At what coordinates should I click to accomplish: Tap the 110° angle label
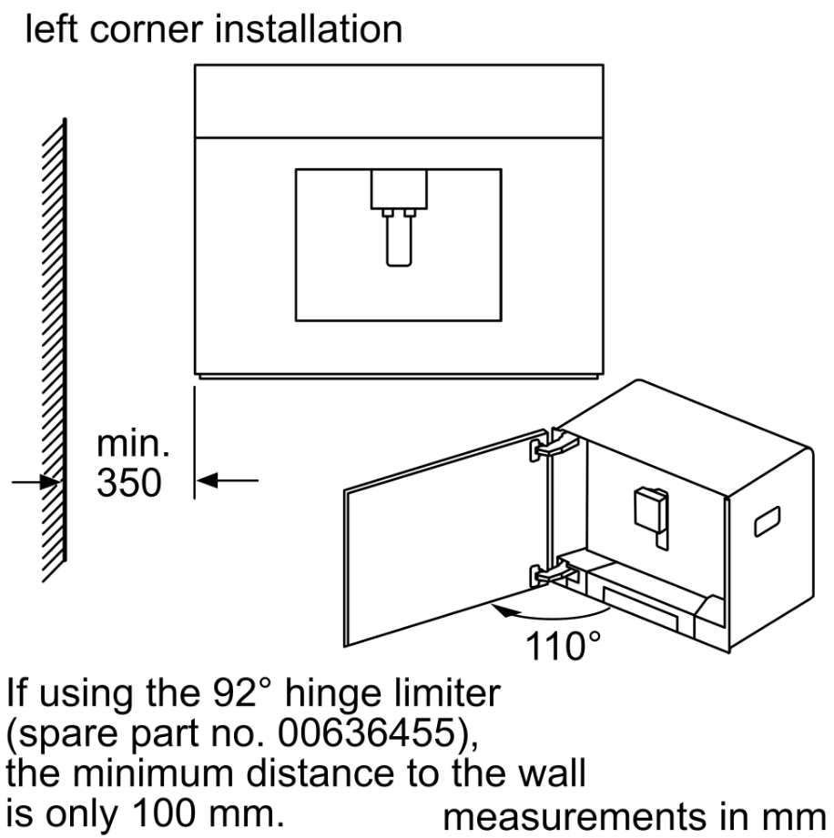[561, 647]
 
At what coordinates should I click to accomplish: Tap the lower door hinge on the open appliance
[550, 573]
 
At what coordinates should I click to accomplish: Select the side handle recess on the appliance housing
[767, 520]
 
